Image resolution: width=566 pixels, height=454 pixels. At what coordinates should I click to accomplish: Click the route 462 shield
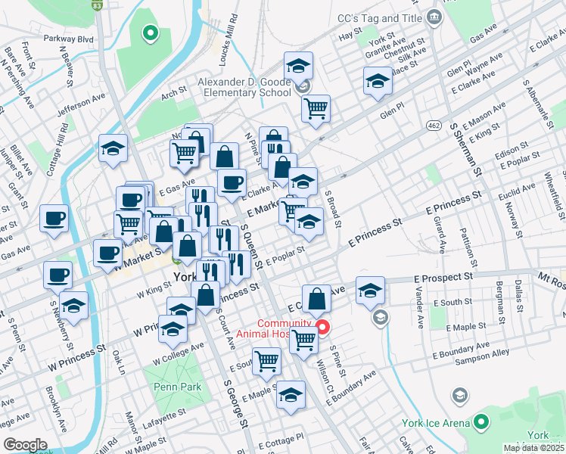tap(433, 125)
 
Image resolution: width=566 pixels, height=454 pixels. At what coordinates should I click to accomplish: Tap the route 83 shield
tap(96, 5)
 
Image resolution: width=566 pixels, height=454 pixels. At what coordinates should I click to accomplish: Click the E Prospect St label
tap(444, 278)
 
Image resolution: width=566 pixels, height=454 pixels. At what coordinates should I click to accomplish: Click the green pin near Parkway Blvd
tap(150, 33)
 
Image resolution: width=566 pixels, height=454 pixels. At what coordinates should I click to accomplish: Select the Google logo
tap(25, 445)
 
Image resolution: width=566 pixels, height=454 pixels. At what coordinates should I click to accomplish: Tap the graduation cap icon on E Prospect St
tap(370, 291)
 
